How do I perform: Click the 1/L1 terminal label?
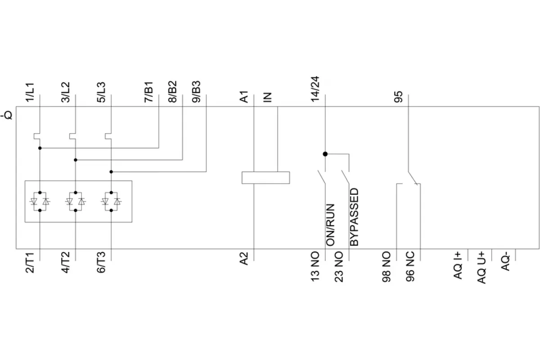30,92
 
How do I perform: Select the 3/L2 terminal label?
66,92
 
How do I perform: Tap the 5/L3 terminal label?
101,92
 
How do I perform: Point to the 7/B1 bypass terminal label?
149,92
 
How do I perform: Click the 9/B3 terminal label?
196,92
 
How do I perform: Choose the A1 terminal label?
244,97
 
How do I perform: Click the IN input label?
268,98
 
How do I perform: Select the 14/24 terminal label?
315,89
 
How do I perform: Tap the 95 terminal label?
398,97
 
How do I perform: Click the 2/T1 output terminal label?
30,263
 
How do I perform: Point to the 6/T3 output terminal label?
101,263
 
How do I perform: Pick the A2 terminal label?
244,259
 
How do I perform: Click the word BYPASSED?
355,217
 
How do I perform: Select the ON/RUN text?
330,225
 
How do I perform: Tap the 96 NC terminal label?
410,267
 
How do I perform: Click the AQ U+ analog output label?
481,268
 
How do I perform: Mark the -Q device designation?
7,115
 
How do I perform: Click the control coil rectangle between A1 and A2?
265,178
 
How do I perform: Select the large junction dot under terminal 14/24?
325,154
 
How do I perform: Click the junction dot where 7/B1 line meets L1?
40,148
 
